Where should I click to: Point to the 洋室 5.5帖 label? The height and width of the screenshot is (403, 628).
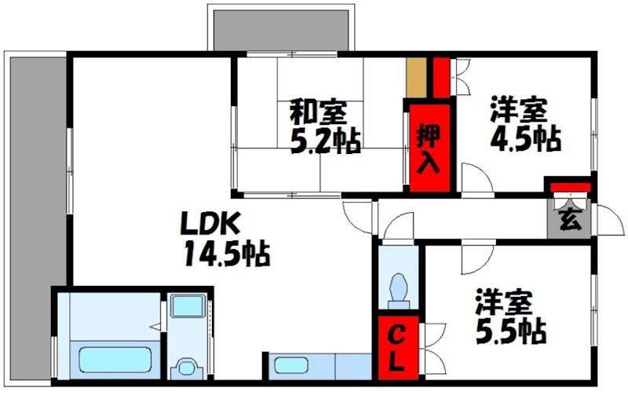[x=509, y=317]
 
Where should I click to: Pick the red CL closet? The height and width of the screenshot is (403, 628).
[x=398, y=348]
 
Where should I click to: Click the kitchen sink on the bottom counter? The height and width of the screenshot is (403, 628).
[x=290, y=366]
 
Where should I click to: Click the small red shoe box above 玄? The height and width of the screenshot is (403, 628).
[x=569, y=186]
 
